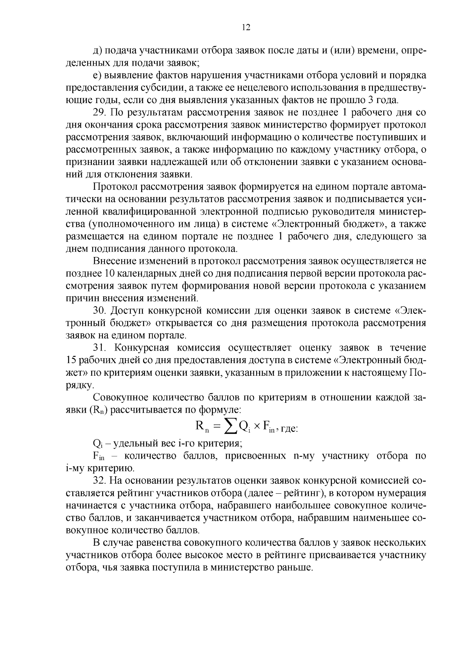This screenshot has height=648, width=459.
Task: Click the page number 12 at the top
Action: tap(246, 27)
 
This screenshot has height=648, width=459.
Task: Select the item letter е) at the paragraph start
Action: tap(97, 76)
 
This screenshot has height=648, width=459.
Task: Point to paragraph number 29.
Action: tap(99, 113)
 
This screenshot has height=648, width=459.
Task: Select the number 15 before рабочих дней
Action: tap(71, 360)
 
